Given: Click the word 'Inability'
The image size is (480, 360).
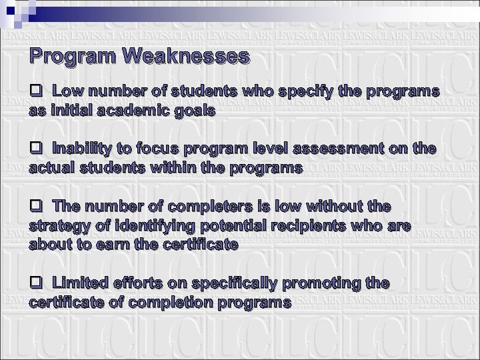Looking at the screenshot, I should (x=81, y=148).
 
